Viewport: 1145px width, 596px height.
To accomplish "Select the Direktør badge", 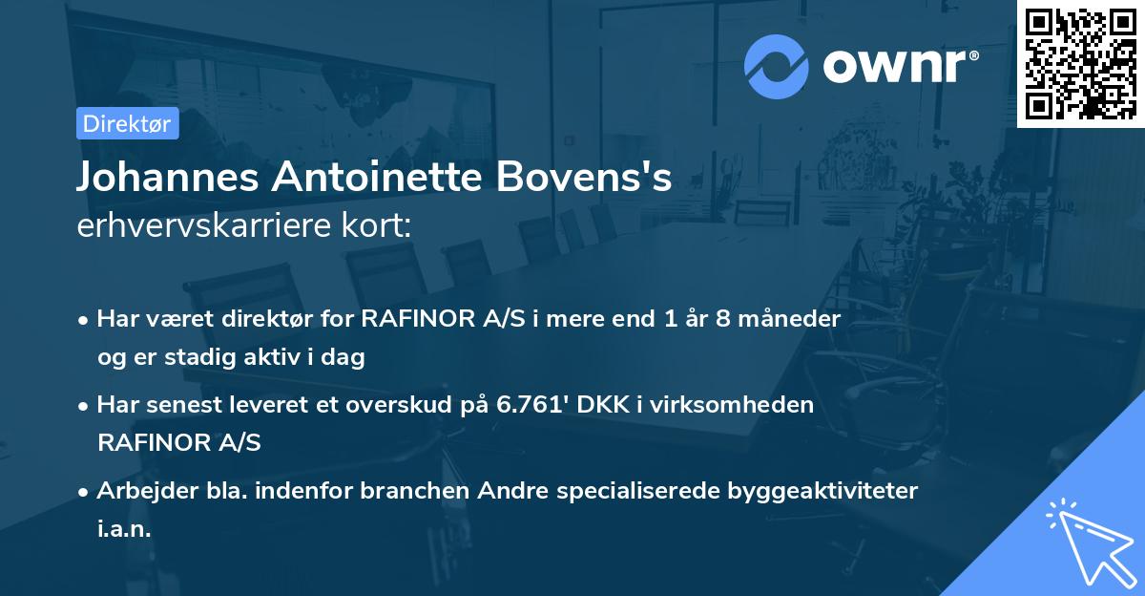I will (x=127, y=123).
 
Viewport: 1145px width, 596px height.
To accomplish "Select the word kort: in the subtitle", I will (x=379, y=226).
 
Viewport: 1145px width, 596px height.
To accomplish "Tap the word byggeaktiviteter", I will (x=823, y=491).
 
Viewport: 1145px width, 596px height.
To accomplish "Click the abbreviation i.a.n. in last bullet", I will (x=124, y=529).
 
